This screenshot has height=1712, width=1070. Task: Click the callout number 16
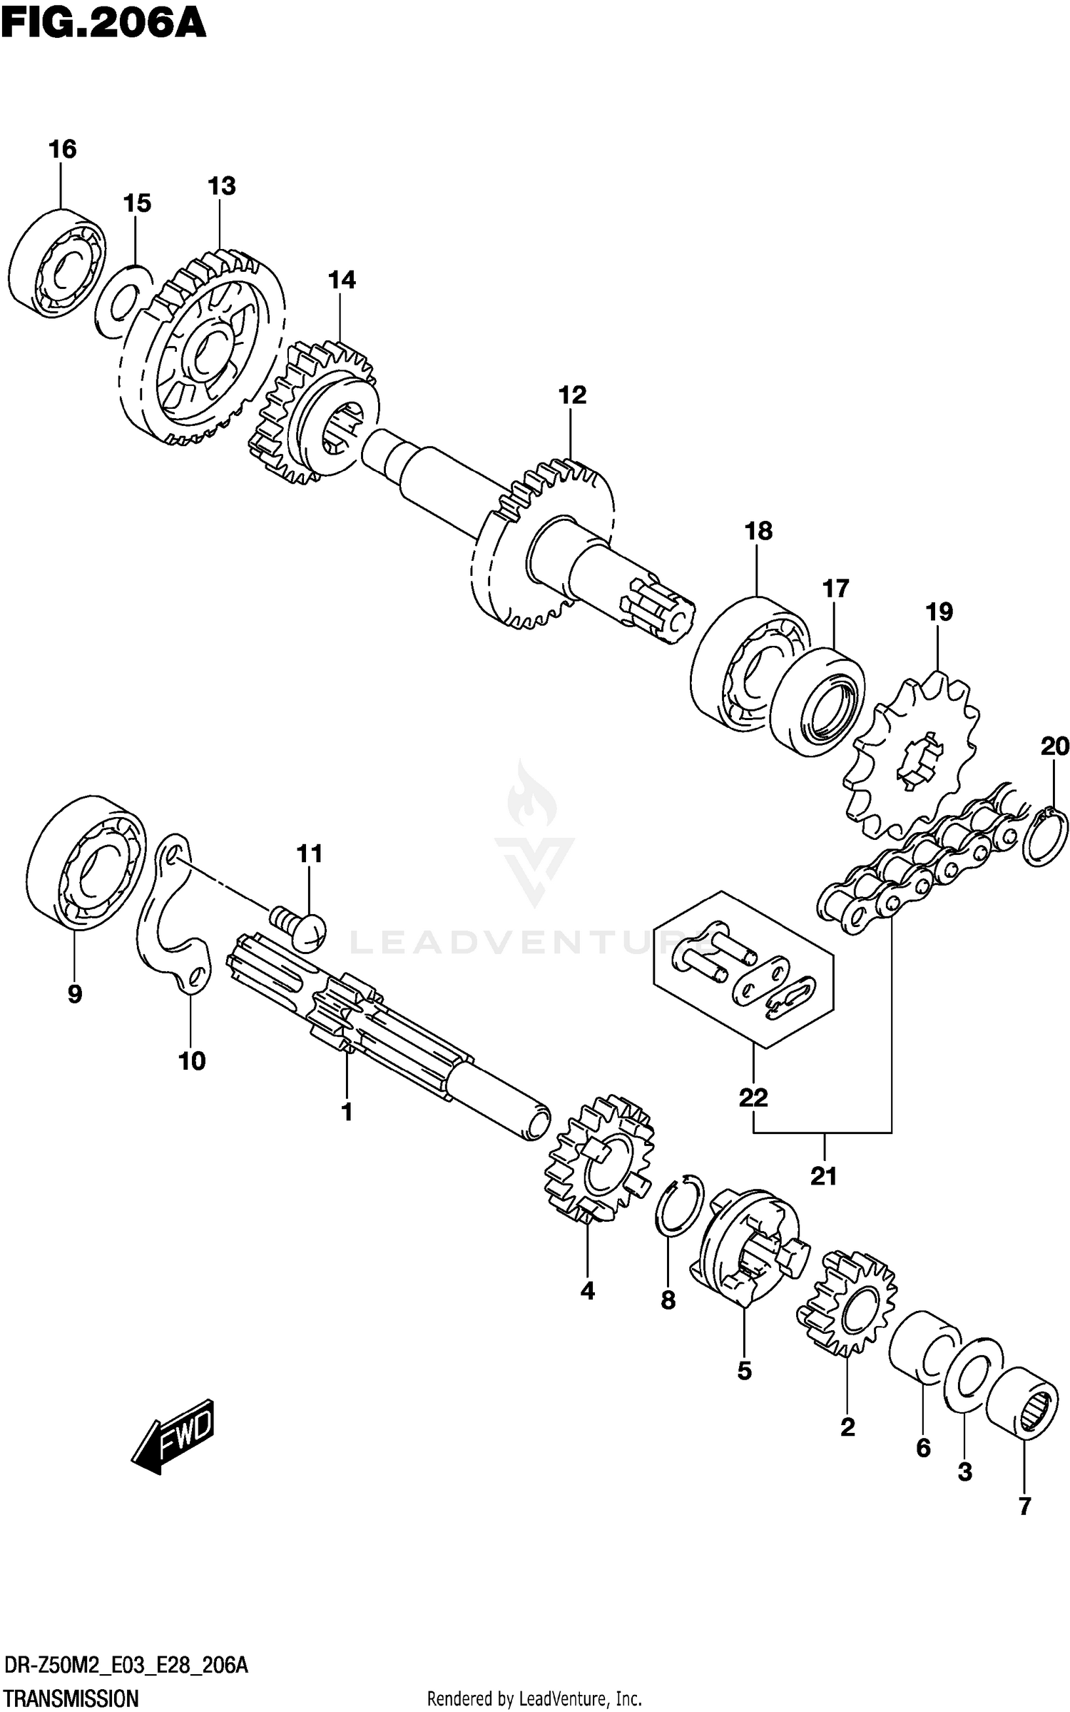[62, 149]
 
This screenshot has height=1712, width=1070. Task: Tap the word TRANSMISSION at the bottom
[72, 1698]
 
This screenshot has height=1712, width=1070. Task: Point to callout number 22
[753, 1098]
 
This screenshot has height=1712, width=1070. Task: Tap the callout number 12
[572, 395]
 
